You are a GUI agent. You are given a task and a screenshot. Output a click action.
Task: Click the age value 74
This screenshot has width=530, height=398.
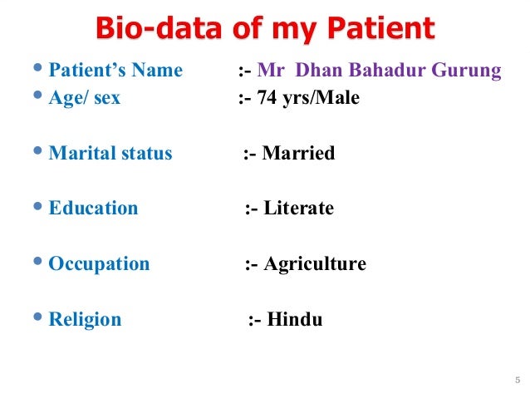271,98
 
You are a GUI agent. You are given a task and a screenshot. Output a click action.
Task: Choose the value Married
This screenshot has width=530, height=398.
298,153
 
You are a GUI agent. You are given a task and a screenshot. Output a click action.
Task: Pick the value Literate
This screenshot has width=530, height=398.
299,209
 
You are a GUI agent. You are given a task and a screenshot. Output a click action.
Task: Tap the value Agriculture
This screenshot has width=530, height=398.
315,264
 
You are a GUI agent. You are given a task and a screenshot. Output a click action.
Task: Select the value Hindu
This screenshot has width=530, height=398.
295,319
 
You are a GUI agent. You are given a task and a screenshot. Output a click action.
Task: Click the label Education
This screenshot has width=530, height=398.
93,209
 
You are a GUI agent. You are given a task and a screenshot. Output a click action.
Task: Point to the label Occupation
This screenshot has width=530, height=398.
99,264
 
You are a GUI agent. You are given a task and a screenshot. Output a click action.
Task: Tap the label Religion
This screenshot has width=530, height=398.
85,319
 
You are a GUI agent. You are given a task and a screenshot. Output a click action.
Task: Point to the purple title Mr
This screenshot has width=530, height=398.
272,70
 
